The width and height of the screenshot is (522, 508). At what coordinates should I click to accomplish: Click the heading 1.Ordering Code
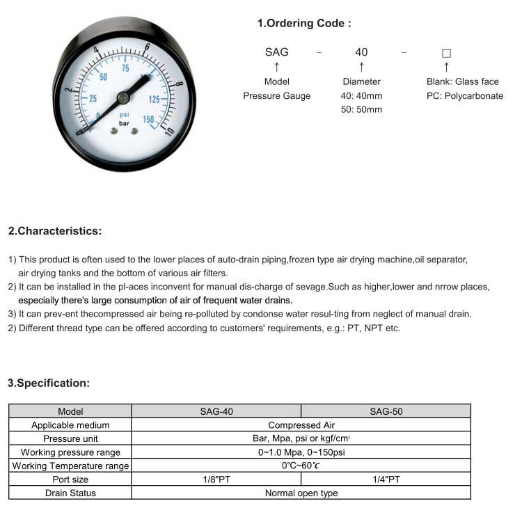(x=304, y=24)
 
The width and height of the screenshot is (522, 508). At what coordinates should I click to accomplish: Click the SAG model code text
(x=277, y=52)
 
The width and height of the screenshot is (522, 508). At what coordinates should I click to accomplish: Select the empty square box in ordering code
(x=447, y=53)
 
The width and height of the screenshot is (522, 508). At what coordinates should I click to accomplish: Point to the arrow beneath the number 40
(x=361, y=67)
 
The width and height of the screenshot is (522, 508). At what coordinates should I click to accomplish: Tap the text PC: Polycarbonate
(x=465, y=96)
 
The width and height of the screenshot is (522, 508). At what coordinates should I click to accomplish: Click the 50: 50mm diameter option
(x=361, y=110)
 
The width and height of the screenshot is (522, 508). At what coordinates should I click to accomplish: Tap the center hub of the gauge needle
(x=122, y=97)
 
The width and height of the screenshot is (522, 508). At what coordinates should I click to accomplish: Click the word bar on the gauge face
(x=125, y=123)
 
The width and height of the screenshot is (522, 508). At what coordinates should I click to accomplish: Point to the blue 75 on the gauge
(x=125, y=69)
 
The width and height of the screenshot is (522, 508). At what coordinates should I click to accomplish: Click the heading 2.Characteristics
(x=55, y=231)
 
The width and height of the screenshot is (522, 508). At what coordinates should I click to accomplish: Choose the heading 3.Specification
(x=49, y=383)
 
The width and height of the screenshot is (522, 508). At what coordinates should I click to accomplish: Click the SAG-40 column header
(x=216, y=411)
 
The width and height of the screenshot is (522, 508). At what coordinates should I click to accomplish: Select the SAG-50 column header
(x=386, y=411)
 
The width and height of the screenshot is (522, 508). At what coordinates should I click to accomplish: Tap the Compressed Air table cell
(x=301, y=424)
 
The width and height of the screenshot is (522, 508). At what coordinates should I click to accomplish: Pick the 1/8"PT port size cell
(x=216, y=479)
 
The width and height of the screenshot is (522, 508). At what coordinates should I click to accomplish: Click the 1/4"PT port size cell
(x=386, y=479)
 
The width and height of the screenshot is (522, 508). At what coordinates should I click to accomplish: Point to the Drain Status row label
(x=70, y=493)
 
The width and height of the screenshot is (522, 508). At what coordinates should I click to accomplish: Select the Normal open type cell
(x=301, y=493)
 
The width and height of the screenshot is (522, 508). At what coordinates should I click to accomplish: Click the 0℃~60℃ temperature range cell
(x=301, y=466)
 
